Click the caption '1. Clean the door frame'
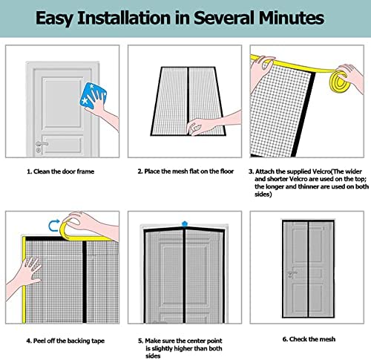62,171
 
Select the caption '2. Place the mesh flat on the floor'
185,171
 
